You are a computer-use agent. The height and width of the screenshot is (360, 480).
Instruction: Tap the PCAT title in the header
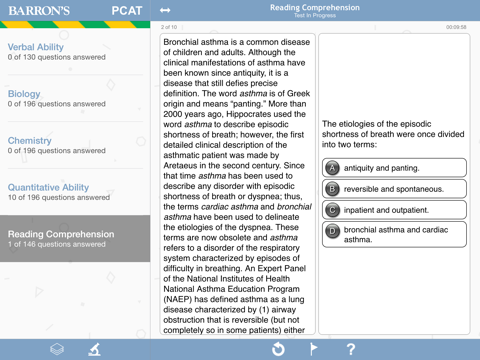point(127,11)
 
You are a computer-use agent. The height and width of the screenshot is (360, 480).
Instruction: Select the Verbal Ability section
point(36,47)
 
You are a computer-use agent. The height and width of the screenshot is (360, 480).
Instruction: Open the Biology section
point(25,94)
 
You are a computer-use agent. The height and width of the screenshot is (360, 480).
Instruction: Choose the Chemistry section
point(30,141)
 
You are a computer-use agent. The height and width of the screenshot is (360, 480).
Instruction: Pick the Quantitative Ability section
point(48,187)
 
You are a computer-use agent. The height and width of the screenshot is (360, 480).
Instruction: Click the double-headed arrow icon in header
point(165,11)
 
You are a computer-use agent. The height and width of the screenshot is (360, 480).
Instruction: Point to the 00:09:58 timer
point(456,28)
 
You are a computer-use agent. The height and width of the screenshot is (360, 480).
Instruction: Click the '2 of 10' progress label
point(169,28)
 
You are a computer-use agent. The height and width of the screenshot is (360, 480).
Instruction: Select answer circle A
point(333,168)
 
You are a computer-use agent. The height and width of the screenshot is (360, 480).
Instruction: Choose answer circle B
point(333,189)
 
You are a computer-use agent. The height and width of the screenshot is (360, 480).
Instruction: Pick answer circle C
point(333,210)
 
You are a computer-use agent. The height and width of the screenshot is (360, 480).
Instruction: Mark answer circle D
point(333,231)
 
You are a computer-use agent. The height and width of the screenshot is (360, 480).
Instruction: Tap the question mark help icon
point(350,349)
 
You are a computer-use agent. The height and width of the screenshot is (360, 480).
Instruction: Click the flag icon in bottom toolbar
point(313,349)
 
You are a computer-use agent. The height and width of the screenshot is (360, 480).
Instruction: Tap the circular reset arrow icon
point(278,349)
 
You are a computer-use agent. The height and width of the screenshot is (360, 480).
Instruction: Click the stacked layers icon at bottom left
point(58,349)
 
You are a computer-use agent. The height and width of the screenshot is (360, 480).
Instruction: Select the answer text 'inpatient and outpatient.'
point(387,210)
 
